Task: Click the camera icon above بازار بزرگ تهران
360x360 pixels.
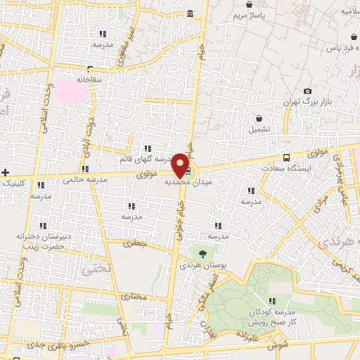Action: [307, 91]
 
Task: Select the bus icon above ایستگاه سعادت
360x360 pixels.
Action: [285, 157]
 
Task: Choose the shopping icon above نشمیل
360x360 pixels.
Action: [259, 119]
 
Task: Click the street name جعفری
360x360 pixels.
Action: [132, 244]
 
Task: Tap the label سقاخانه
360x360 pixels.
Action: [89, 79]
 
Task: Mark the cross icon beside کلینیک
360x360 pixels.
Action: [5, 172]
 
